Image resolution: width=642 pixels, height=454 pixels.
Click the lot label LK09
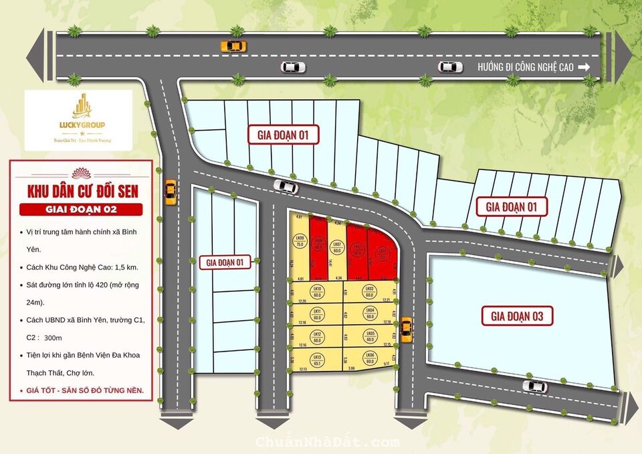(x=300, y=242)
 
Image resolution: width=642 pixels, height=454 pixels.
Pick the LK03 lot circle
(x=368, y=291)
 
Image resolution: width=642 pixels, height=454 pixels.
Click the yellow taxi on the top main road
(x=233, y=46)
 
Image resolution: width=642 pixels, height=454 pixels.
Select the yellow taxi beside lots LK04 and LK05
(x=405, y=329)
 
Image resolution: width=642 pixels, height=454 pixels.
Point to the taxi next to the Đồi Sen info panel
(x=171, y=192)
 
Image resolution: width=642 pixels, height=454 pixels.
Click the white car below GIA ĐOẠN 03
(x=534, y=386)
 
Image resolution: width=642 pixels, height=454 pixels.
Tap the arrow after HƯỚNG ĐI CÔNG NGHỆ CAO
(x=583, y=67)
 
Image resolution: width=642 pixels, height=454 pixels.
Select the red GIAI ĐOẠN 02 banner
(x=81, y=210)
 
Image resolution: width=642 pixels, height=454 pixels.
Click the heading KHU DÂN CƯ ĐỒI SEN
(x=82, y=192)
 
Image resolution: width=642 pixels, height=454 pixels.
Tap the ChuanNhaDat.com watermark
(x=327, y=442)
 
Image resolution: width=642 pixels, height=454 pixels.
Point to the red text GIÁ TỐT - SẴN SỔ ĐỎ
(x=81, y=389)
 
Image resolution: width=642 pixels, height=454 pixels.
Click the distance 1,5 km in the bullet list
(x=128, y=267)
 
